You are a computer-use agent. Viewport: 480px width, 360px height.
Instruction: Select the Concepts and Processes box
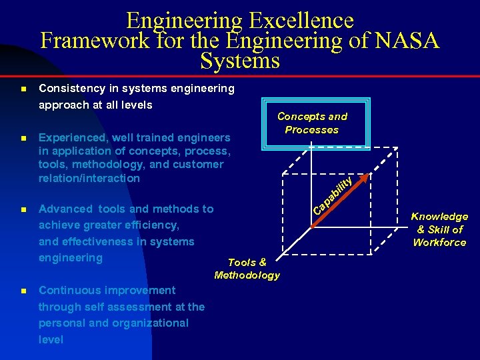click(x=312, y=123)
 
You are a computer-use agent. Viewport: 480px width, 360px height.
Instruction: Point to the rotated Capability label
click(x=333, y=192)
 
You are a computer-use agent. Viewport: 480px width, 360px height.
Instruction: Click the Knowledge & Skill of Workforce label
click(x=439, y=229)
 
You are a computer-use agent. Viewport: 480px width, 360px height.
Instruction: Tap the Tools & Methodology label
click(x=247, y=269)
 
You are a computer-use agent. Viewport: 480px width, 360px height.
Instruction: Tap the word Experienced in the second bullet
click(x=73, y=138)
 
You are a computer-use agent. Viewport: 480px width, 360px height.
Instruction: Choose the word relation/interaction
click(x=89, y=178)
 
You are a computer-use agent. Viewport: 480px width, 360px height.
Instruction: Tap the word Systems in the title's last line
click(x=240, y=61)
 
